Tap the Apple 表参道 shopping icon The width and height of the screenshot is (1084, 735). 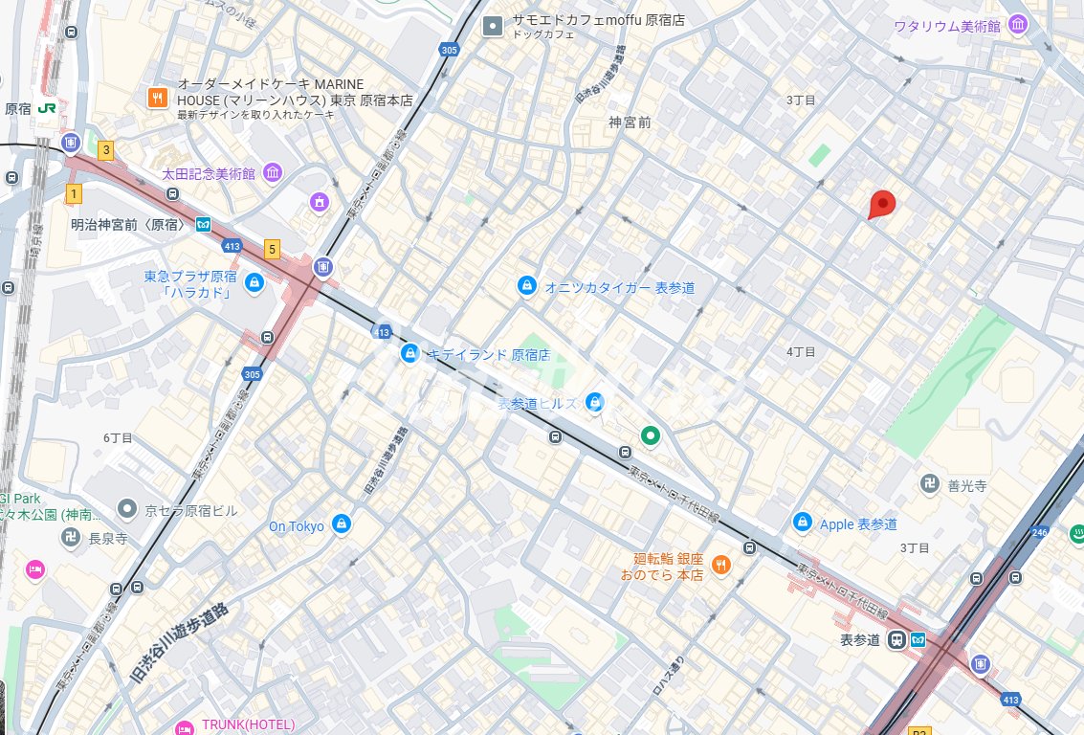click(803, 523)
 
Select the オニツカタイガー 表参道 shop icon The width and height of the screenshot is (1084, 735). click(526, 286)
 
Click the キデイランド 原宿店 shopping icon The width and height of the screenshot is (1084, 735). click(409, 354)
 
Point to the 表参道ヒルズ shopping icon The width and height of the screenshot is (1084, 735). click(594, 403)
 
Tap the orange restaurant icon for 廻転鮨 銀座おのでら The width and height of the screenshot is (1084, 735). click(721, 566)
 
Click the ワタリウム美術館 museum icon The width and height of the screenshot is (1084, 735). click(1018, 25)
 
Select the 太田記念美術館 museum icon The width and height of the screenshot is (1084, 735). click(273, 173)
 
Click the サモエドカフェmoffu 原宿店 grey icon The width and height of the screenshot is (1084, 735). click(493, 26)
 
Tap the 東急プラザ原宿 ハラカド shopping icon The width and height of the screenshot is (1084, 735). click(254, 283)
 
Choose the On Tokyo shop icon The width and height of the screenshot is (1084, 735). click(341, 524)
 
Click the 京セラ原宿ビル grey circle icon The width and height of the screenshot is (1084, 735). click(126, 509)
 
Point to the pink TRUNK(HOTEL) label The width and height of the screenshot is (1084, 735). click(247, 724)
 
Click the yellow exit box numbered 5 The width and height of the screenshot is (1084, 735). click(273, 250)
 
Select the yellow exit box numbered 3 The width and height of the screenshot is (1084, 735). click(105, 149)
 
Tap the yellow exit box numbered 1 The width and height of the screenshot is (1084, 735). click(73, 194)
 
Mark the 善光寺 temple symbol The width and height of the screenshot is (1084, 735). click(927, 485)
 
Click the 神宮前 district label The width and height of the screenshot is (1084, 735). click(630, 122)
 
